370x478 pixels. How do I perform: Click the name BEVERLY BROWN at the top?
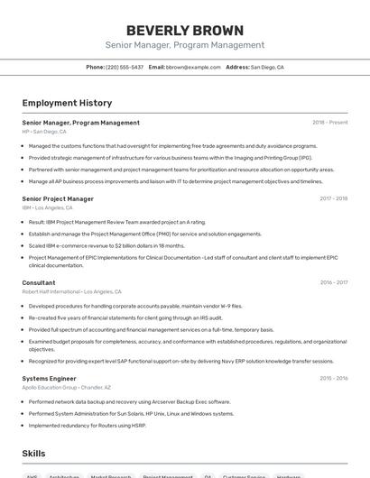[184, 30]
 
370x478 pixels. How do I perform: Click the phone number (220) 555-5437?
[125, 67]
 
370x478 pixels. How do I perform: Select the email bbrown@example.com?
[193, 67]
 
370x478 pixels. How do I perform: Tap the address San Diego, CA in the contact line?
[267, 67]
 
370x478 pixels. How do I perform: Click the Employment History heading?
[67, 103]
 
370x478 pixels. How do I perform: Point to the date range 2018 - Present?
[329, 123]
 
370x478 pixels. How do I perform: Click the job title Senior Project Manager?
[58, 198]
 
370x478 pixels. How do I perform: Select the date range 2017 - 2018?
[333, 198]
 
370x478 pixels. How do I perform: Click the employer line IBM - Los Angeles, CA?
[47, 207]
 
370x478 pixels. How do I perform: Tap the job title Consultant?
[39, 282]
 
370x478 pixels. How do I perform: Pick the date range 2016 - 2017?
[333, 282]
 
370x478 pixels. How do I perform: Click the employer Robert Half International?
[51, 291]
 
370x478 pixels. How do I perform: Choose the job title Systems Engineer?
[49, 379]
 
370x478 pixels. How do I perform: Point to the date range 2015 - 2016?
[333, 379]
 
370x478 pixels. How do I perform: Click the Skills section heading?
[34, 453]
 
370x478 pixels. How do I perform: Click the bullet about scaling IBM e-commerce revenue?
[106, 245]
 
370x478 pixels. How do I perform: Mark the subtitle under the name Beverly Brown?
[184, 45]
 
